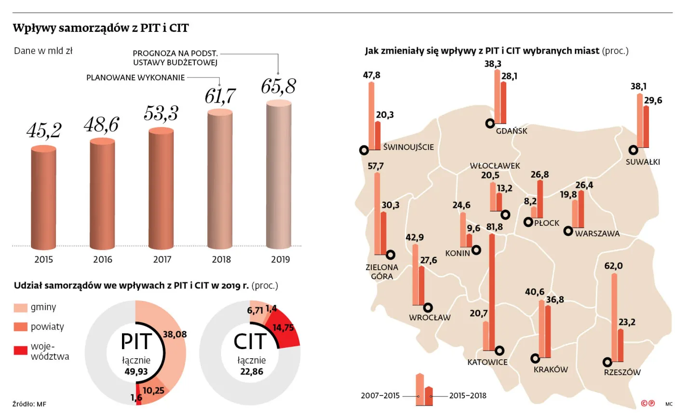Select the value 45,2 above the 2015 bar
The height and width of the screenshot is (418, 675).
[43, 130]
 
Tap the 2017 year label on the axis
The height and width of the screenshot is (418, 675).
[162, 260]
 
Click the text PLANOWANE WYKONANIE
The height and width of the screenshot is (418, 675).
[135, 78]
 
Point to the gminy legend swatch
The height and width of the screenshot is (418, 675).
[21, 307]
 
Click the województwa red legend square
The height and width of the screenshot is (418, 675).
[21, 350]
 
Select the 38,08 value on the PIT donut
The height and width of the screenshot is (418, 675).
[175, 334]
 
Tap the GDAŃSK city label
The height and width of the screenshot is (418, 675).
[512, 131]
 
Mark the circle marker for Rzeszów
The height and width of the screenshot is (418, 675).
[607, 362]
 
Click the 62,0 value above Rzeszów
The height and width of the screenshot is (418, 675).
[613, 266]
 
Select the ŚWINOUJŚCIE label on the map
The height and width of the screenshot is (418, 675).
[408, 147]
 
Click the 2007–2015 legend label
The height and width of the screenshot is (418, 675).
[380, 396]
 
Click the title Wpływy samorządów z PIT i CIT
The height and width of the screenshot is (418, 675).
[101, 28]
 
